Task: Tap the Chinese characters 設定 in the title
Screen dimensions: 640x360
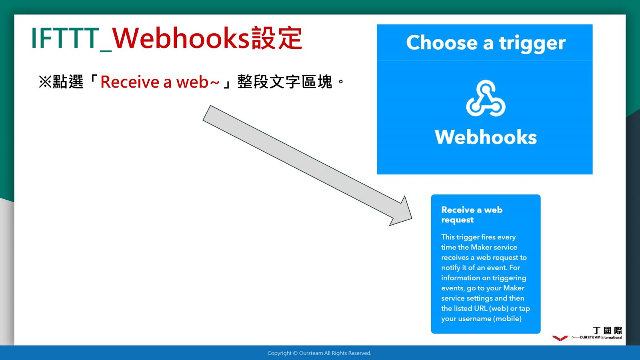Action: coord(276,38)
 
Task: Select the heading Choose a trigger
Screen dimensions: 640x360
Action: coord(486,43)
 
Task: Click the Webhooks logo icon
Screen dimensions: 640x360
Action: coord(486,98)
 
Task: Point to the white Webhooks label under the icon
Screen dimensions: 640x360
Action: coord(486,137)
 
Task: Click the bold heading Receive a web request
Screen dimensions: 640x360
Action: coord(472,214)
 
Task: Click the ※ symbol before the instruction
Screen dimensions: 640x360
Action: coord(45,82)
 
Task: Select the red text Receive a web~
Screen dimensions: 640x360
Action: coord(160,82)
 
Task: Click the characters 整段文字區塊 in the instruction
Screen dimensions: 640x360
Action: coord(285,82)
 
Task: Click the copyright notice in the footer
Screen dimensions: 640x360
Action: coord(320,353)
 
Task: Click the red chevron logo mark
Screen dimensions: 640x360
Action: coord(560,338)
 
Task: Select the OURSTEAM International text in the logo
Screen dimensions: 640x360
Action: coord(601,338)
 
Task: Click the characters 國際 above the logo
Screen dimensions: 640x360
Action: coord(613,330)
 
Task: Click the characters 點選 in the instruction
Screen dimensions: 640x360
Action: coord(68,82)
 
